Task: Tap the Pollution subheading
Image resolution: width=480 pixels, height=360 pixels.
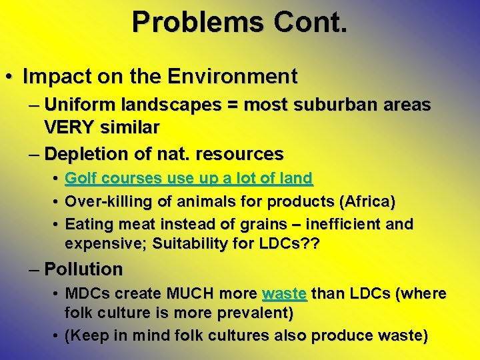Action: pyautogui.click(x=83, y=269)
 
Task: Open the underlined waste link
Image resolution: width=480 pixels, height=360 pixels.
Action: pyautogui.click(x=285, y=294)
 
